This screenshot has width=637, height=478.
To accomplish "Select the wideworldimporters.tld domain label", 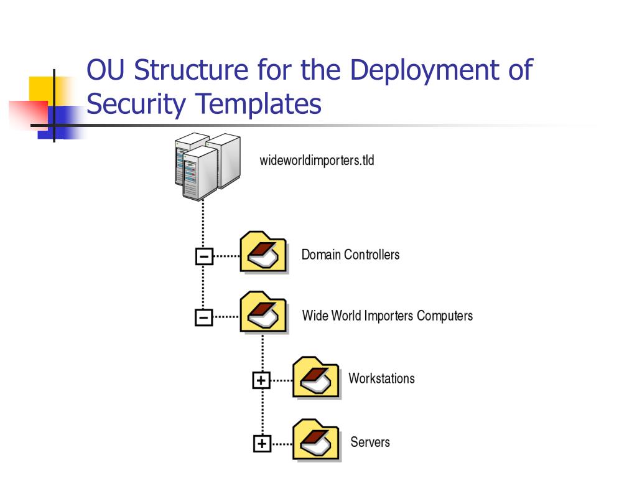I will click(x=317, y=161).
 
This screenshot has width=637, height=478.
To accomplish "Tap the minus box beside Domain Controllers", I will click(x=203, y=256).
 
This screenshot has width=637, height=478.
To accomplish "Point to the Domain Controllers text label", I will click(x=350, y=255).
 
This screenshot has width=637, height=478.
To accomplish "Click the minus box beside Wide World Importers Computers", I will click(x=203, y=317).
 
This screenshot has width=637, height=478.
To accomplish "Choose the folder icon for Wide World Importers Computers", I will click(x=263, y=314).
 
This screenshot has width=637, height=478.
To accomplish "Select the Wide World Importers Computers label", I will click(x=387, y=316).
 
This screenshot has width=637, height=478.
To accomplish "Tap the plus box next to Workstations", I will click(x=261, y=380).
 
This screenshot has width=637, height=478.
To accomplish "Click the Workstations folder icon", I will click(x=316, y=377).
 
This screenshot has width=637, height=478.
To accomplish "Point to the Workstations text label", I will click(x=381, y=378).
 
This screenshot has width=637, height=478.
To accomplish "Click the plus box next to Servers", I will click(x=262, y=443).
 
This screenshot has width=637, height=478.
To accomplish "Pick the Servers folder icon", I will click(x=316, y=441).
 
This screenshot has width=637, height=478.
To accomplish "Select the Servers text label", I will click(x=370, y=443).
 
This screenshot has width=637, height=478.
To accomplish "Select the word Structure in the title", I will click(x=189, y=70).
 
